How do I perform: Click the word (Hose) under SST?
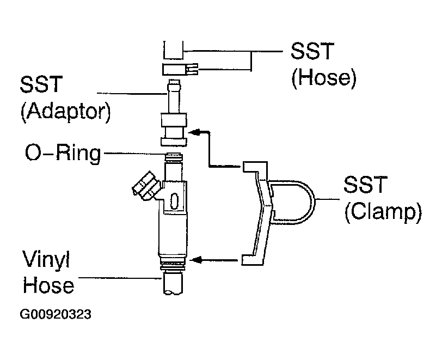[324, 78]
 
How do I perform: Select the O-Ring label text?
[63, 154]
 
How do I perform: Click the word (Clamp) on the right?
[383, 211]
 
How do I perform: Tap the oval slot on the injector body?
[174, 201]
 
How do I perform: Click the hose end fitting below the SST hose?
[176, 69]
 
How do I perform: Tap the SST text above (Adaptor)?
[41, 86]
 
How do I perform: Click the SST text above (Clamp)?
[364, 186]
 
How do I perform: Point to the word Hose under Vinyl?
[47, 285]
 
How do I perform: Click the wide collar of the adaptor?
[174, 121]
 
